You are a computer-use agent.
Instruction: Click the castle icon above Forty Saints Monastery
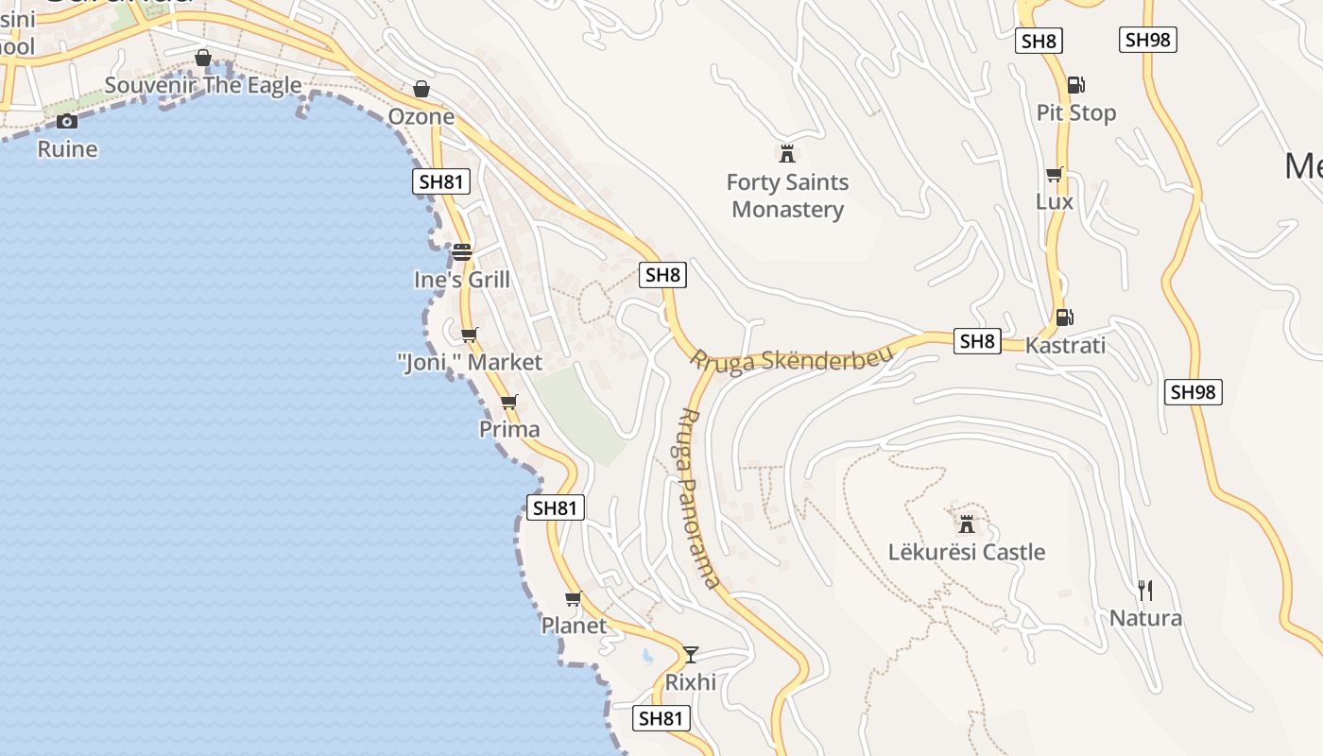(x=786, y=153)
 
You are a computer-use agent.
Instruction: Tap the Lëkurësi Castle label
(x=967, y=552)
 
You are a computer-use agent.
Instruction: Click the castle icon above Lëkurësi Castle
(x=967, y=523)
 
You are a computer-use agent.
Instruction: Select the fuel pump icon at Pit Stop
(x=1075, y=84)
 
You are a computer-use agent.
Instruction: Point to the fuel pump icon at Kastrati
(x=1064, y=317)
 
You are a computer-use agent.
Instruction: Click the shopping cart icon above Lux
(x=1055, y=174)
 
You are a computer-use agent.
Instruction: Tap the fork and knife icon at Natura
(x=1145, y=591)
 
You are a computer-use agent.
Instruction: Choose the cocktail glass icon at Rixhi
(x=691, y=654)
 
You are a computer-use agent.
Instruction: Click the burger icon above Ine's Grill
(x=461, y=252)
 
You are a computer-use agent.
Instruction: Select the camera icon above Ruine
(x=66, y=121)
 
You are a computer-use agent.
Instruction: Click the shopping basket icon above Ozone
(x=421, y=89)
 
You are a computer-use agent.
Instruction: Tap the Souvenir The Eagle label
(x=203, y=85)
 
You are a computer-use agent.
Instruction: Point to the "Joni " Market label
(x=470, y=362)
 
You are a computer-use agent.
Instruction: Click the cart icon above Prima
(x=509, y=402)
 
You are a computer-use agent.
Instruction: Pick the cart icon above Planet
(x=573, y=598)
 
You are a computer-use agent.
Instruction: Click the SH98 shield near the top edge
(x=1148, y=40)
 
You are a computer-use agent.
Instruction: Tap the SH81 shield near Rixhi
(x=660, y=718)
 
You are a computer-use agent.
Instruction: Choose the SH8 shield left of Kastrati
(x=976, y=341)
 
